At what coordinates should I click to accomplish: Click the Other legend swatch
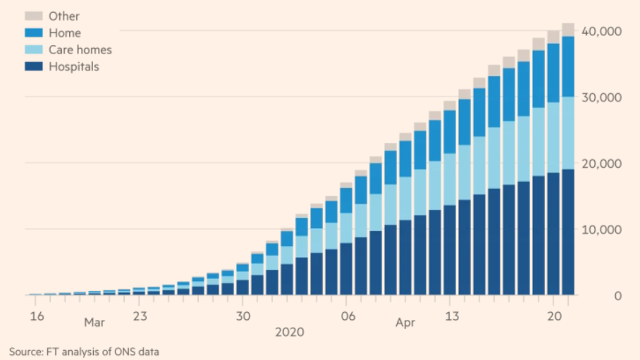[x=34, y=16]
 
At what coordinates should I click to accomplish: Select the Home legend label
[x=65, y=33]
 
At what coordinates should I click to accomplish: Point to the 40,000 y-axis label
[x=598, y=32]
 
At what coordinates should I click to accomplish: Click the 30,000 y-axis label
[x=598, y=97]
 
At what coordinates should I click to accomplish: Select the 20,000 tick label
[x=598, y=163]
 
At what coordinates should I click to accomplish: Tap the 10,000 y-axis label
[x=598, y=230]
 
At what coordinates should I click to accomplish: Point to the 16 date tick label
[x=36, y=316]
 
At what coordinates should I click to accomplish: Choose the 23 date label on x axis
[x=140, y=316]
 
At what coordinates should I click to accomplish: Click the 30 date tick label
[x=243, y=316]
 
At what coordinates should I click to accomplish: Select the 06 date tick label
[x=347, y=316]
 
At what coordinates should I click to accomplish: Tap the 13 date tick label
[x=451, y=316]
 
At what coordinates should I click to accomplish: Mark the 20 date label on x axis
[x=554, y=316]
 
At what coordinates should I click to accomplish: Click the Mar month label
[x=94, y=323]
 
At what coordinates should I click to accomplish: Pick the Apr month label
[x=405, y=323]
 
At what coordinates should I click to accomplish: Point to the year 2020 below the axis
[x=290, y=331]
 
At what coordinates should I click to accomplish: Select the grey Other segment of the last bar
[x=568, y=30]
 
